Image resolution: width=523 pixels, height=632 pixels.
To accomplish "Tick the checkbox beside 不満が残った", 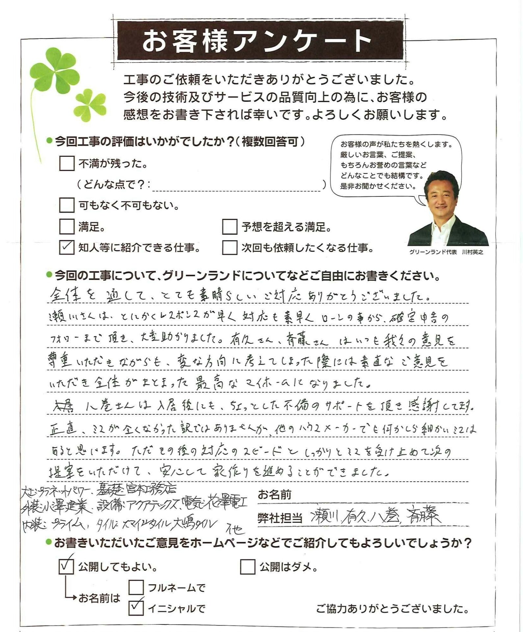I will (66, 163).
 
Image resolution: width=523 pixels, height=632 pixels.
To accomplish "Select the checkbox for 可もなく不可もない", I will (66, 205).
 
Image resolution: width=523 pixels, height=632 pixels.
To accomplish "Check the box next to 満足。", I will (66, 226).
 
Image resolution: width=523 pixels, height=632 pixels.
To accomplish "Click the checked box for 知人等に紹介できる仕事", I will (66, 248).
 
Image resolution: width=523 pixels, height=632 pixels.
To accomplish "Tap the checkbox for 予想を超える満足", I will (230, 226).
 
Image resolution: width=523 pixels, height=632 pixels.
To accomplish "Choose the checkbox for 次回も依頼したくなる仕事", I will (230, 248).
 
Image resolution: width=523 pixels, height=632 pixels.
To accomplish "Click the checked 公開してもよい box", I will (66, 567).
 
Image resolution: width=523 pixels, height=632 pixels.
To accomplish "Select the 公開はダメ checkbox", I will (248, 567).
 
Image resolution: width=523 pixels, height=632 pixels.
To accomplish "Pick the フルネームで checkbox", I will (136, 587).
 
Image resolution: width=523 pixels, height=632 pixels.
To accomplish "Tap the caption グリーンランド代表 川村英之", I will (446, 252).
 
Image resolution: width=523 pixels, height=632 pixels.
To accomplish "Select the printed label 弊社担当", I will (280, 518).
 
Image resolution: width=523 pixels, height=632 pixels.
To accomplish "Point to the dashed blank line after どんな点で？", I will (236, 188).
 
